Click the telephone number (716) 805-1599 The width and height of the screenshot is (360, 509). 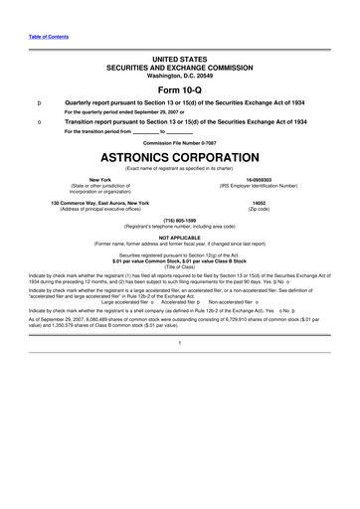coord(179,222)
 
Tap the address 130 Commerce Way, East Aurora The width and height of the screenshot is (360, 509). coord(99,203)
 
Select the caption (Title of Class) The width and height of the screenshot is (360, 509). coord(179,268)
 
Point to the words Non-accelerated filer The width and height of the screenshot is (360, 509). coord(232,299)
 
